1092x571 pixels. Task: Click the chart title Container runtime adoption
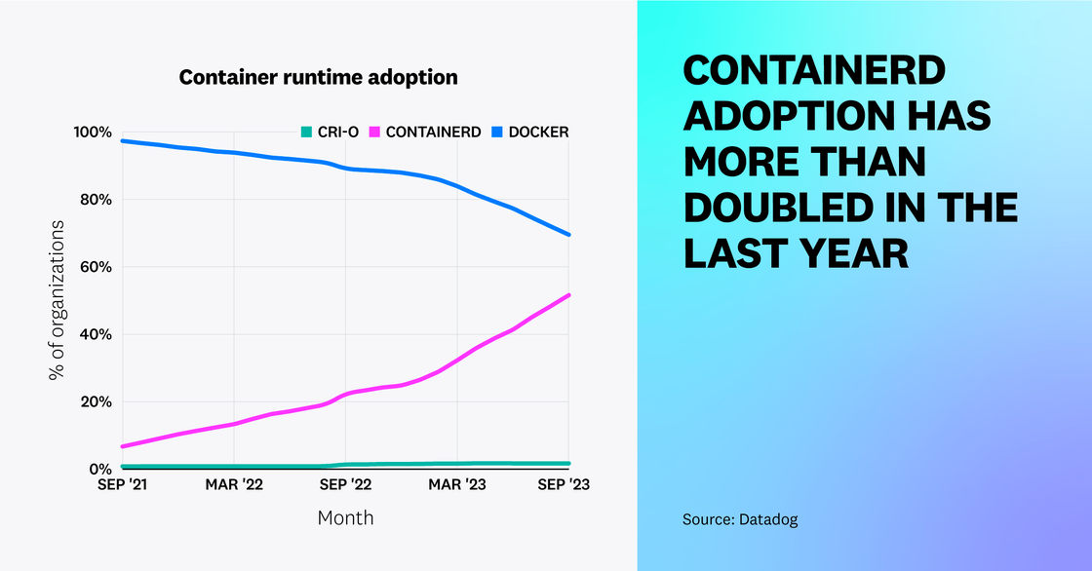tap(318, 77)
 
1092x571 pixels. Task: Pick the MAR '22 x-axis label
tap(234, 484)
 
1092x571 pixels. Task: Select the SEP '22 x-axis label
tap(346, 484)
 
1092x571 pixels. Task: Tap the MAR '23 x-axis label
tap(458, 484)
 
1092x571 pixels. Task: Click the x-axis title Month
tap(345, 517)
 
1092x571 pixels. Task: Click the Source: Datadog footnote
tap(740, 520)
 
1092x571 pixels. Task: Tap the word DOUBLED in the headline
tap(799, 208)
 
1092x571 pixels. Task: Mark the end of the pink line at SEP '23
tap(569, 294)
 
